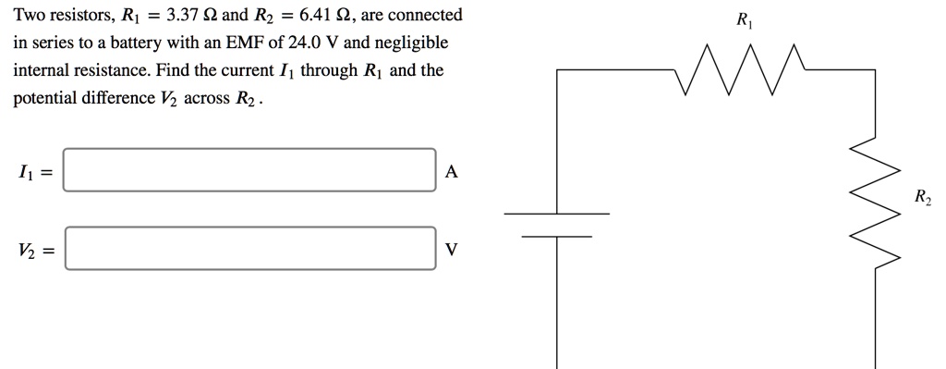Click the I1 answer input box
point(249,170)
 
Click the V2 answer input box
point(249,249)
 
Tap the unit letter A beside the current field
point(450,171)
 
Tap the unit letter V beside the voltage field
point(450,250)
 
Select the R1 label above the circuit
point(743,19)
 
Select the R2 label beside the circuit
point(922,197)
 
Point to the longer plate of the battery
point(556,215)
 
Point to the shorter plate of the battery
point(556,236)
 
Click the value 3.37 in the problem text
point(176,16)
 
